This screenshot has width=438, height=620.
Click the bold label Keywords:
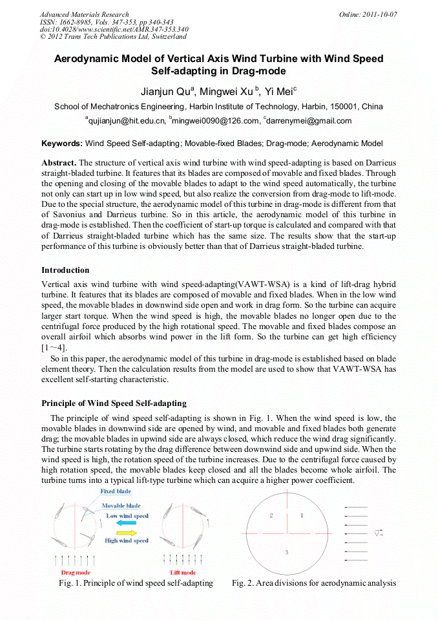coord(62,143)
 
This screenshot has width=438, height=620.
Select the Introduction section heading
coord(65,270)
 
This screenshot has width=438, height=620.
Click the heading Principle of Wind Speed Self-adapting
coord(114,403)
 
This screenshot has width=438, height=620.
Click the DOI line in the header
coord(114,29)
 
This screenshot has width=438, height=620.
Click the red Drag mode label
coord(76,573)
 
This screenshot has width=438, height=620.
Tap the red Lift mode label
coord(183,573)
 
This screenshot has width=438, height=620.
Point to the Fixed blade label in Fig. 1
coord(116,492)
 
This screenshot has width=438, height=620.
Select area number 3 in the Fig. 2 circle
coord(286,551)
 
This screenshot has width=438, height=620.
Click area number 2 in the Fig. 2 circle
coord(271,515)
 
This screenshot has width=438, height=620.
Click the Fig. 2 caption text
coord(313,583)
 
